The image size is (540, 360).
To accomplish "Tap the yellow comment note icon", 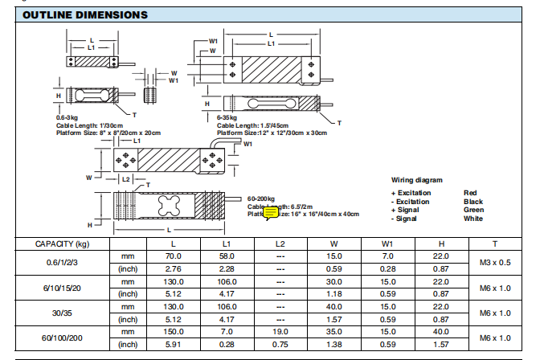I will click(x=271, y=212).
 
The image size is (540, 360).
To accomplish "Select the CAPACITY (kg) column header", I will click(x=62, y=243).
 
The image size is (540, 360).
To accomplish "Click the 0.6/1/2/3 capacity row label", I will click(x=62, y=261).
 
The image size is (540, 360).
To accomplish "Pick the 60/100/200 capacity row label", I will click(x=62, y=338).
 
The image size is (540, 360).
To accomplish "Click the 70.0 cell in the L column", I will click(x=174, y=256).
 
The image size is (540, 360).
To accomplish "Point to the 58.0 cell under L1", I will click(x=227, y=256).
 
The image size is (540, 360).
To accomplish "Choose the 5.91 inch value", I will click(x=174, y=345).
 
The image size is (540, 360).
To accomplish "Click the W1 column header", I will click(x=387, y=243).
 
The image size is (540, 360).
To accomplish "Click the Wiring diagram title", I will click(x=416, y=180).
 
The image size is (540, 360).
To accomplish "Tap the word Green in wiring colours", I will click(x=474, y=210).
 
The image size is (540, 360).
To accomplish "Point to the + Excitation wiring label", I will click(x=411, y=193).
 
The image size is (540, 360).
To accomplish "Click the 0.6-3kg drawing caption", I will click(x=68, y=117).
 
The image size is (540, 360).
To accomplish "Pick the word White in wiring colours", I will click(x=473, y=219).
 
